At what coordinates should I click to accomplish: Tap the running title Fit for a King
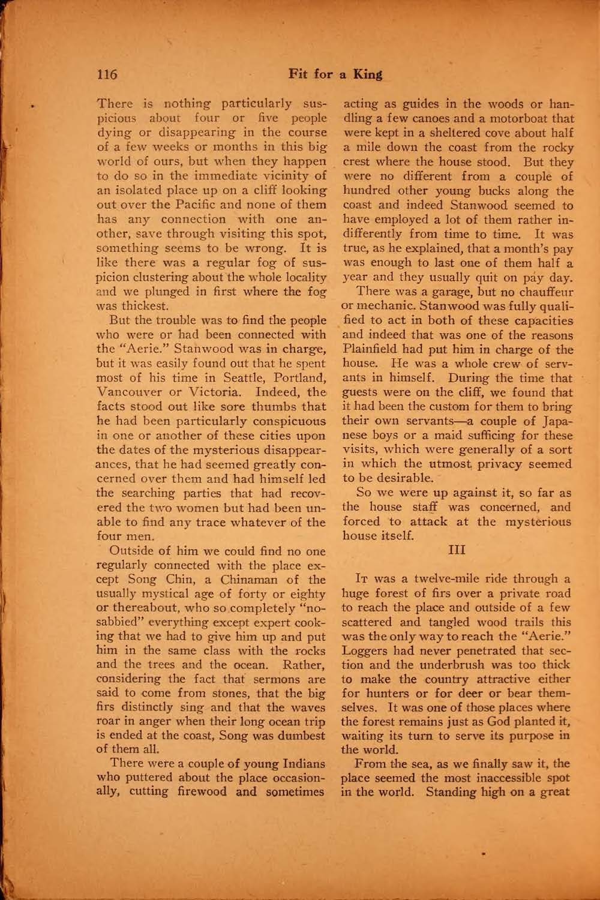tap(335, 74)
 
